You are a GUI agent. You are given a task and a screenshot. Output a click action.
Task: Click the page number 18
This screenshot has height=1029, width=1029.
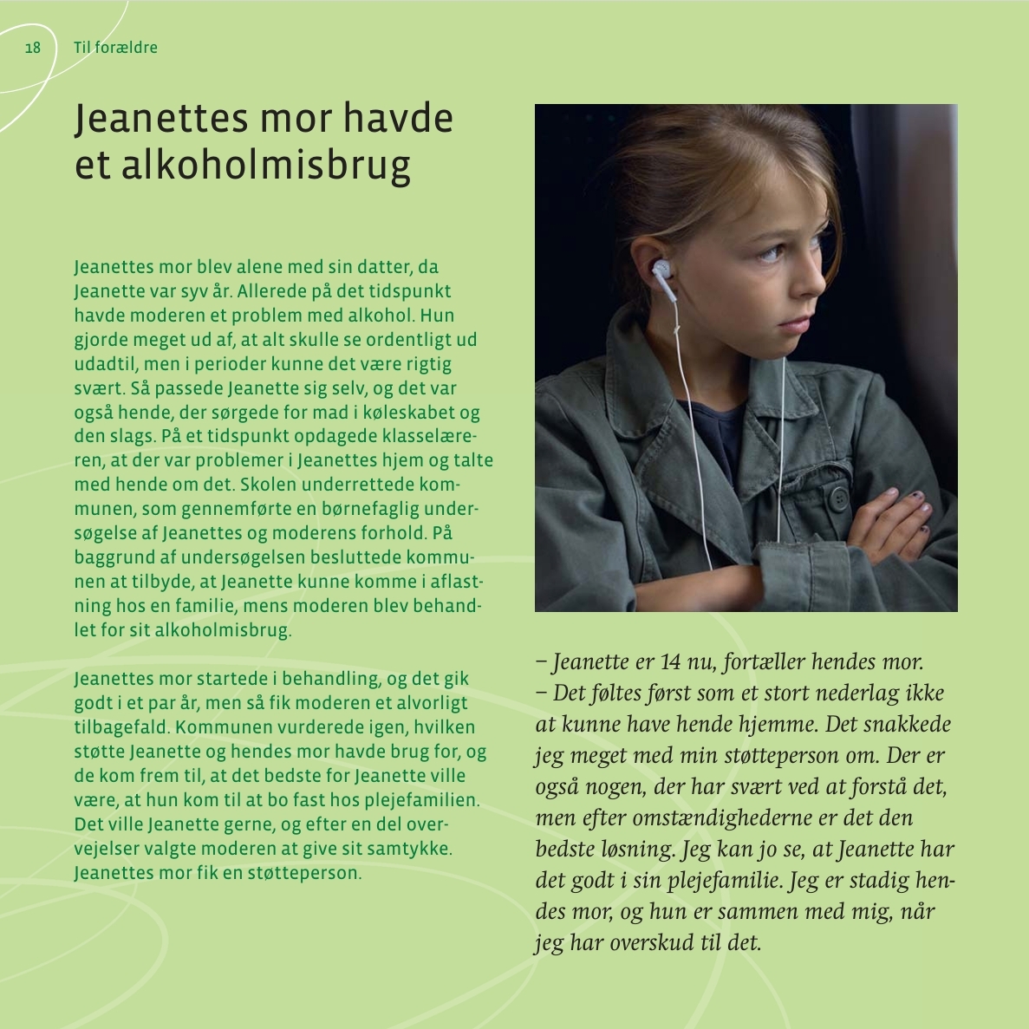click(x=33, y=48)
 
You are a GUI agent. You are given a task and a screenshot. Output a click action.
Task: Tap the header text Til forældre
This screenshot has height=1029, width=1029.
click(x=115, y=48)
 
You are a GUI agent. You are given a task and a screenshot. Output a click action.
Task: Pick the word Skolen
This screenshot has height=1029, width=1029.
click(x=269, y=484)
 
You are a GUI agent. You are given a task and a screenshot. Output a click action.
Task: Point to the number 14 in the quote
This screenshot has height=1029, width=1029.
click(x=670, y=662)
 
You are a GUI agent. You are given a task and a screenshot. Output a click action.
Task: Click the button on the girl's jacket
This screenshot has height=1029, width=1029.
click(x=837, y=498)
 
